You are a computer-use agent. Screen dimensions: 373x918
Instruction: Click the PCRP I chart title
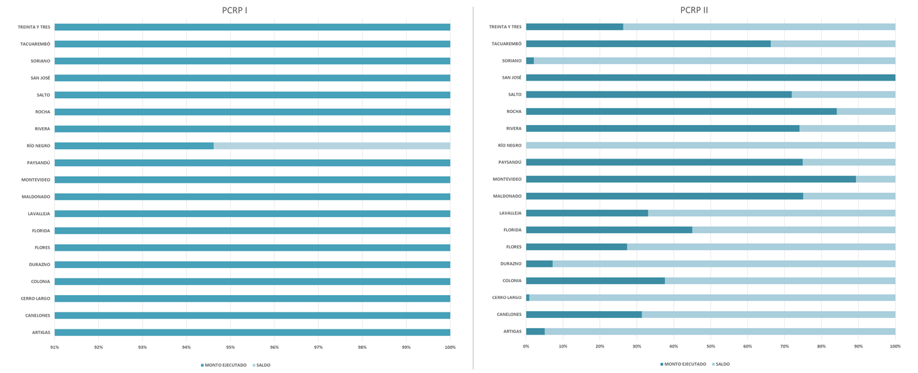(x=235, y=10)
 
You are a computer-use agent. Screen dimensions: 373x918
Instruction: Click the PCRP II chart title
(x=694, y=10)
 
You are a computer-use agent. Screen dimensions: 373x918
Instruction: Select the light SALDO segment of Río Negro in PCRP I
(x=332, y=146)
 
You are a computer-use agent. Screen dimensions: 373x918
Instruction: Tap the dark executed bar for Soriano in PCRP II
(x=530, y=60)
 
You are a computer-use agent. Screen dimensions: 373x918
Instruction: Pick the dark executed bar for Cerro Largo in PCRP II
(x=528, y=298)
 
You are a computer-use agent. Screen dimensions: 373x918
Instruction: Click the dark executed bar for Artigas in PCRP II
(x=535, y=331)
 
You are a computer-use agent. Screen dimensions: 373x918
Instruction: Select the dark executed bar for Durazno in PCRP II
(x=539, y=263)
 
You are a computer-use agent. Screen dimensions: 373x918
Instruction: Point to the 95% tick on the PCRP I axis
(x=231, y=347)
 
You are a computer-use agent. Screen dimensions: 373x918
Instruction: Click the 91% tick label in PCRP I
(x=54, y=347)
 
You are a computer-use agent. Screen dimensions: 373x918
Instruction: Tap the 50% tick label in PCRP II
(x=711, y=346)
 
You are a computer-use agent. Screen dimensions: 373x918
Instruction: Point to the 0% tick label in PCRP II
(x=526, y=346)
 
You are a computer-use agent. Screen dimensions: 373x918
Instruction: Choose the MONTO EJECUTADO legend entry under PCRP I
(x=224, y=365)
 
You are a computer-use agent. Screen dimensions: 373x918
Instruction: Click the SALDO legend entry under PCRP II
(x=721, y=364)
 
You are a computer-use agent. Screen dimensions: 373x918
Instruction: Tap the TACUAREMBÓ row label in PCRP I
(x=35, y=44)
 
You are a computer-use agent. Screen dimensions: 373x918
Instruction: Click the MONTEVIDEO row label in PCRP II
(x=506, y=179)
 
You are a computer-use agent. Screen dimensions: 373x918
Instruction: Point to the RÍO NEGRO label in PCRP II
(x=509, y=145)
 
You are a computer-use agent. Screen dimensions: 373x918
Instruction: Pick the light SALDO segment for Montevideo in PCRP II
(x=876, y=179)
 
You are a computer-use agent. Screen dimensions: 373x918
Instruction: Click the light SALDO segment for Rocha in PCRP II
(x=866, y=112)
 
